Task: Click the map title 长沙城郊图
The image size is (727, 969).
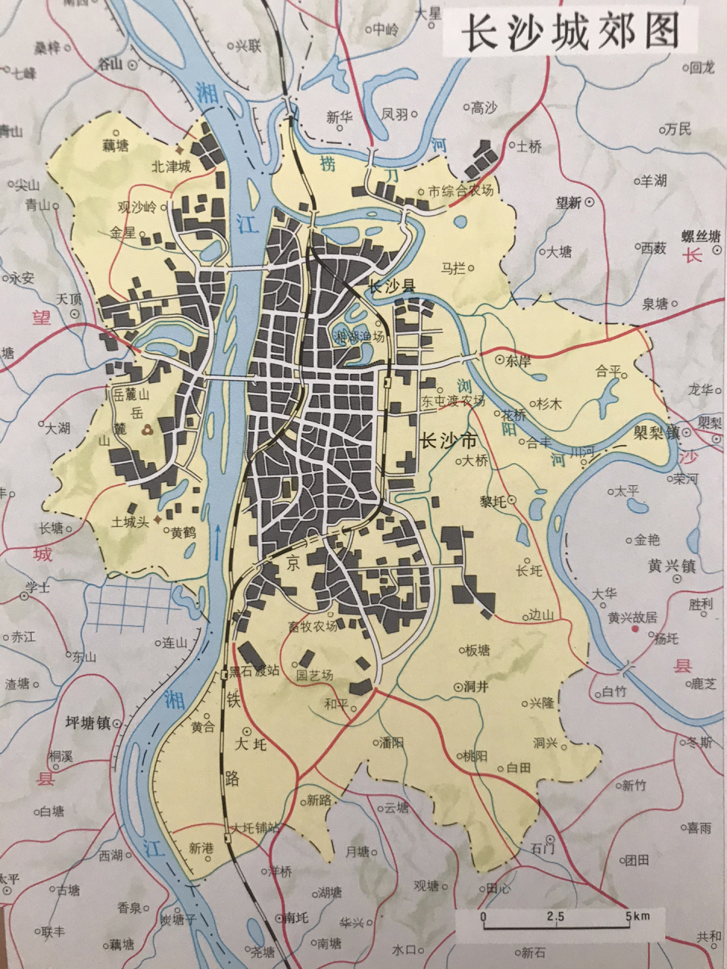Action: (x=569, y=33)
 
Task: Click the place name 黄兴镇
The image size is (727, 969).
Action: (x=671, y=566)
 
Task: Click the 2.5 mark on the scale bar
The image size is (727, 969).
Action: (x=556, y=917)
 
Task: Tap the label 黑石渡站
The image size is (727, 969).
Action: (x=255, y=671)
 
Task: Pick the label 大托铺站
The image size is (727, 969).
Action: (x=255, y=827)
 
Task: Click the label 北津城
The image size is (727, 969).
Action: (x=171, y=166)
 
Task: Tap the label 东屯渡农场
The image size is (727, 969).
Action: (x=453, y=401)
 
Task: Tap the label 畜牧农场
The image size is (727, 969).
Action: (x=312, y=627)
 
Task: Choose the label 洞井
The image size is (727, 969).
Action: (x=476, y=687)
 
